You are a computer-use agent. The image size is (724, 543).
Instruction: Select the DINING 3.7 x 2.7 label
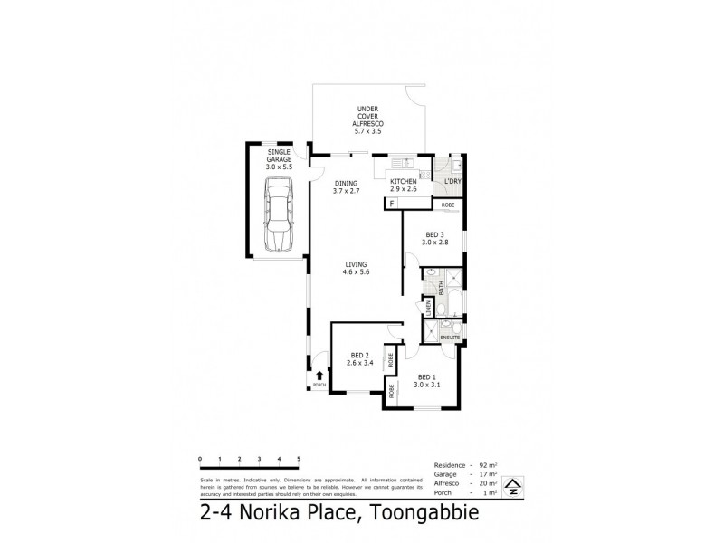pos(347,186)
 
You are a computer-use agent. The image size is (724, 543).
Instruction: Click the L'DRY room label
pos(452,182)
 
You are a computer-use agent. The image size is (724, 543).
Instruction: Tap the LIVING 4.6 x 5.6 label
pos(357,268)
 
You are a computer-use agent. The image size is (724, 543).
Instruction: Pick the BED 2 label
pos(359,358)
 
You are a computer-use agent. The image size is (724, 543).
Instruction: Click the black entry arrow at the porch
pos(319,375)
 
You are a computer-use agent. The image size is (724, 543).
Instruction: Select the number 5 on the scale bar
pos(299,460)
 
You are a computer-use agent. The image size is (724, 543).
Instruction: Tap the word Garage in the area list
pos(436,474)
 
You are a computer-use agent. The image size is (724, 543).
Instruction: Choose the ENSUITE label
pos(450,337)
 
